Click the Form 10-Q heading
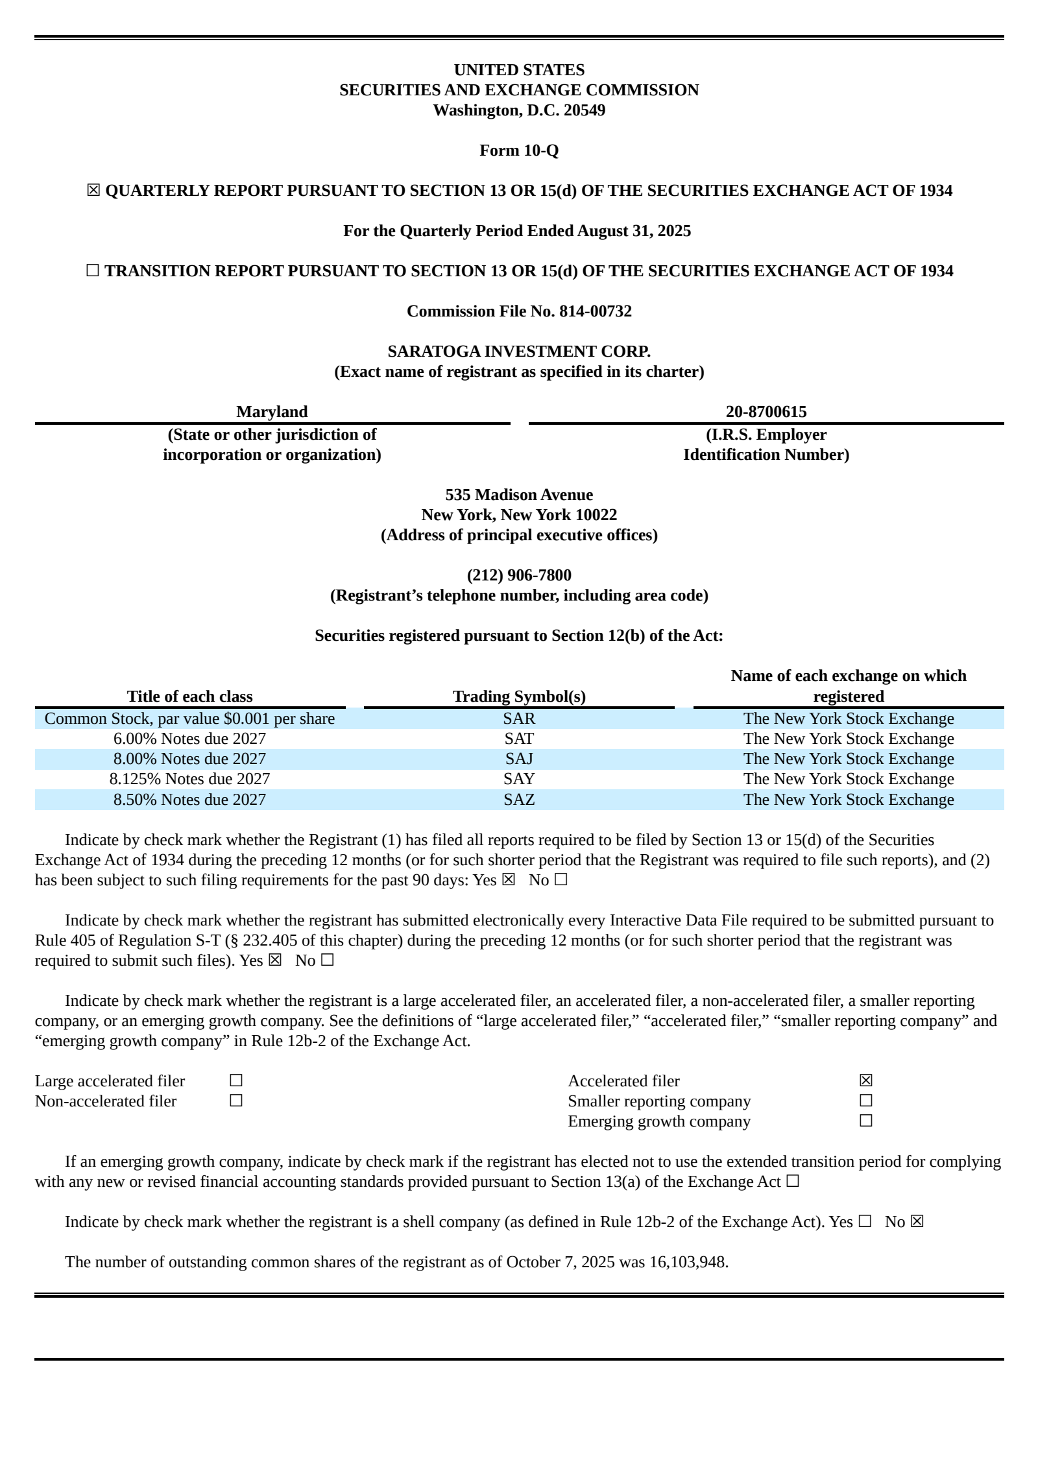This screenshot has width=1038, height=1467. point(519,150)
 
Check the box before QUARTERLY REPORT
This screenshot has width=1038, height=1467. point(93,191)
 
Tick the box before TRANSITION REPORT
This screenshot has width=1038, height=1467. point(93,271)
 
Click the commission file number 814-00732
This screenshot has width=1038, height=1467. point(595,311)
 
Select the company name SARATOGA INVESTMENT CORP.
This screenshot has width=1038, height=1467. point(519,352)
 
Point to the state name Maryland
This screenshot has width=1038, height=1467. point(272,412)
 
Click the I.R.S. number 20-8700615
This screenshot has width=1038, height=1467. point(766,412)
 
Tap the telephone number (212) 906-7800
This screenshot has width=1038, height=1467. point(519,575)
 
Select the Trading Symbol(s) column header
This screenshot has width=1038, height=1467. point(519,697)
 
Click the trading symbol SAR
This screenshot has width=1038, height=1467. point(519,719)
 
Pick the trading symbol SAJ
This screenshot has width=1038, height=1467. point(519,759)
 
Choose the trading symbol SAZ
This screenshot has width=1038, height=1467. point(519,800)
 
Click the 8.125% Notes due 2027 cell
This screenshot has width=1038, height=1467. point(189,779)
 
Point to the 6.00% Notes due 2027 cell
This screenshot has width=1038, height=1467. point(189,739)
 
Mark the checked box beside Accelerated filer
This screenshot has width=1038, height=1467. point(865,1080)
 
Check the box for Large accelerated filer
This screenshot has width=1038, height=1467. point(236,1080)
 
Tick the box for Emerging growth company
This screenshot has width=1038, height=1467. point(865,1121)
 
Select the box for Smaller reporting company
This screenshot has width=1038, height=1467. point(865,1101)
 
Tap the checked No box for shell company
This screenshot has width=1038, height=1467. point(917,1222)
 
